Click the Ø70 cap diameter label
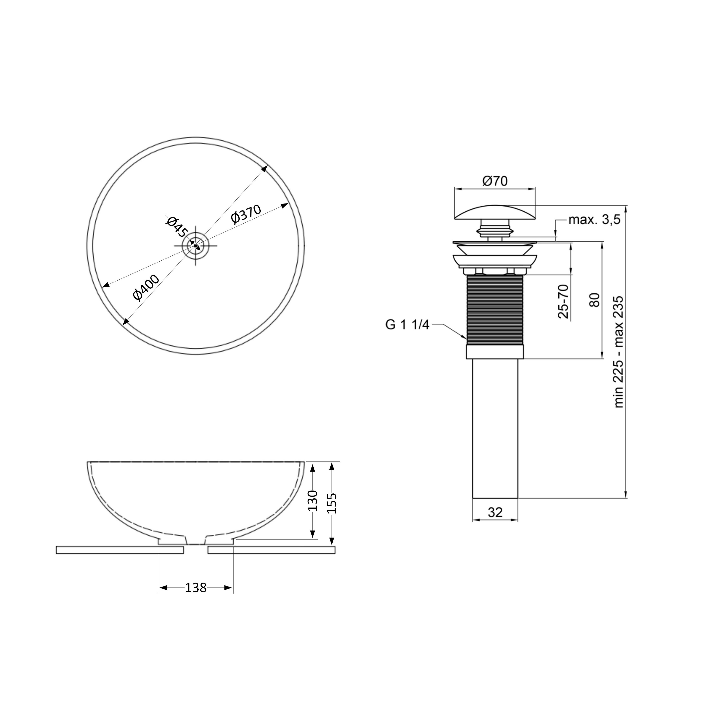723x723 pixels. pyautogui.click(x=495, y=181)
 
